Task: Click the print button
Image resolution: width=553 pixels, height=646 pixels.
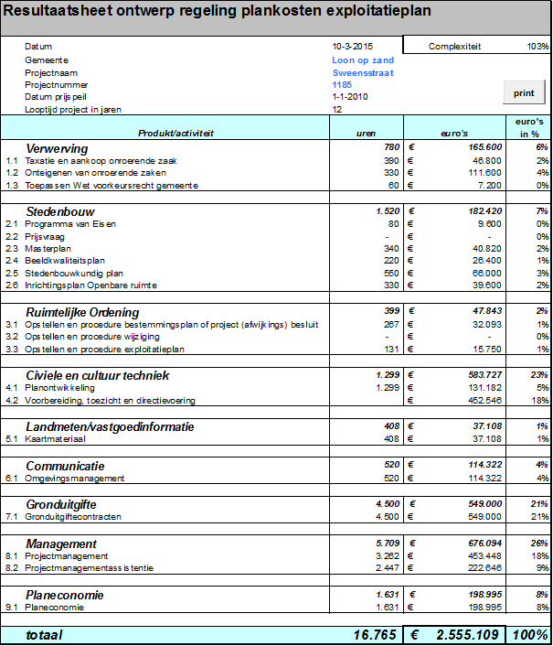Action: [x=524, y=92]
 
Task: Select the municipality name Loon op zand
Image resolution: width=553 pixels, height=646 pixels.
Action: [x=363, y=60]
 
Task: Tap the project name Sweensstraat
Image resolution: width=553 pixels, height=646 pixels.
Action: [x=363, y=72]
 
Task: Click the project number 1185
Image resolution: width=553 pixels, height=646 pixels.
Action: [x=343, y=84]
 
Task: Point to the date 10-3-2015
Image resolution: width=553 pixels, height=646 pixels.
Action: [x=352, y=46]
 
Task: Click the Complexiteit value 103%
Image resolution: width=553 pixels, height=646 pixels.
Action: [x=537, y=46]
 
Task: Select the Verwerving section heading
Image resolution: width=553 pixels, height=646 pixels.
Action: [x=57, y=147]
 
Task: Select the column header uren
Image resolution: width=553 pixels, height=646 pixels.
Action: [x=366, y=133]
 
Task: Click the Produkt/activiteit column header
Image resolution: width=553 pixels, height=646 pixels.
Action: [x=175, y=133]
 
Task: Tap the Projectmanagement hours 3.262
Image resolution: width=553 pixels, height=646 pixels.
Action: [x=388, y=555]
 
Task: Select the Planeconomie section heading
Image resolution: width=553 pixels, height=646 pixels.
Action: [x=64, y=595]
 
